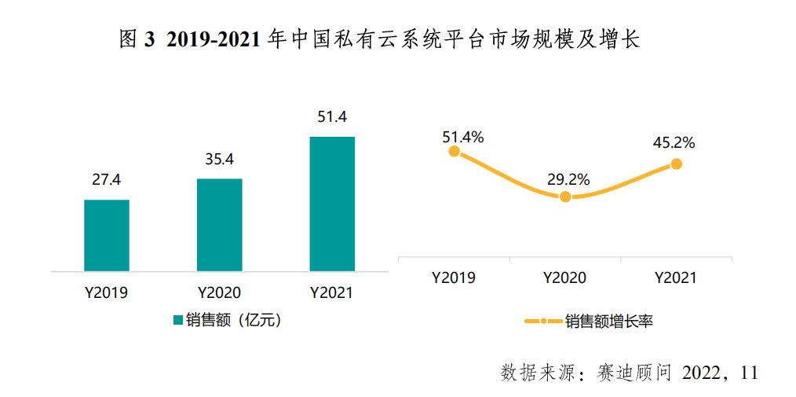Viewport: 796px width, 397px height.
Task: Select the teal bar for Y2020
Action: pyautogui.click(x=219, y=225)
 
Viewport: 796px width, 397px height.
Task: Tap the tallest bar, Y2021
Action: pyautogui.click(x=332, y=204)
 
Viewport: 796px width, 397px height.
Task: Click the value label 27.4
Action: pyautogui.click(x=106, y=180)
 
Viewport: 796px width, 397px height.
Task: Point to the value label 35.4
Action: pyautogui.click(x=219, y=160)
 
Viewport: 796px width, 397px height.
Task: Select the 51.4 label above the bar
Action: pyautogui.click(x=332, y=117)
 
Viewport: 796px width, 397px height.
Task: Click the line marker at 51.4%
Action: pyautogui.click(x=454, y=151)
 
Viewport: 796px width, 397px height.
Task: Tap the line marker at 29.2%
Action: pyautogui.click(x=565, y=197)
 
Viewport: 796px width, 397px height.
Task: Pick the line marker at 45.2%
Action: pyautogui.click(x=676, y=164)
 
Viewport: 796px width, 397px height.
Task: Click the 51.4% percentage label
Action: pyautogui.click(x=462, y=137)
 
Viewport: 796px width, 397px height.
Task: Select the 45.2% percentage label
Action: pyautogui.click(x=674, y=143)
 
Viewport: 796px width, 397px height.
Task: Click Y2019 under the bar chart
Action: pyautogui.click(x=106, y=293)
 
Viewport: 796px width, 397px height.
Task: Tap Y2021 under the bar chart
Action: pyautogui.click(x=332, y=293)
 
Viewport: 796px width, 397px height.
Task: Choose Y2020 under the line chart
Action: pyautogui.click(x=564, y=278)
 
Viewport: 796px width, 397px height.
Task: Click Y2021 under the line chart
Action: pyautogui.click(x=676, y=278)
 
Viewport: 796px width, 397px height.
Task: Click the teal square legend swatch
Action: pyautogui.click(x=177, y=320)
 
